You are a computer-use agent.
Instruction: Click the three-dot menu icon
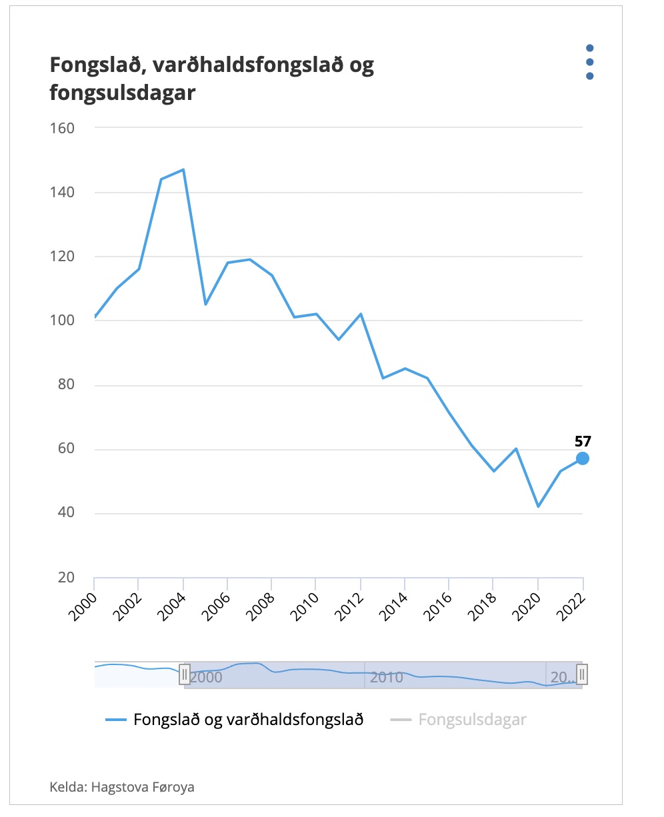589,62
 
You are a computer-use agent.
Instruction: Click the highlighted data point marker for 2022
583,458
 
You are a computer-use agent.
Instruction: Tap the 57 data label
583,440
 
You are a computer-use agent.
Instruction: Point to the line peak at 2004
183,169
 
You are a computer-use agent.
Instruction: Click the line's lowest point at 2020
538,506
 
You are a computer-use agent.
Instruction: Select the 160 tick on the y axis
62,127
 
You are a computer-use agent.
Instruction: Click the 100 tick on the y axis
62,321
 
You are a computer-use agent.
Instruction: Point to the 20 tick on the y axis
66,578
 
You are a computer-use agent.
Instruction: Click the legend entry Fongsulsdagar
472,720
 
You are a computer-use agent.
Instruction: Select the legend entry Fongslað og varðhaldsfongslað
248,720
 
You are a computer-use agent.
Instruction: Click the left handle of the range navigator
185,675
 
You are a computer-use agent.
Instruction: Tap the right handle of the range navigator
581,675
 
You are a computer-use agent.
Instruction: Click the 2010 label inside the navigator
387,678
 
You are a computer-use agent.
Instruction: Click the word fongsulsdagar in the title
123,92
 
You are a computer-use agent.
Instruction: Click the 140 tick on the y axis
62,192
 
